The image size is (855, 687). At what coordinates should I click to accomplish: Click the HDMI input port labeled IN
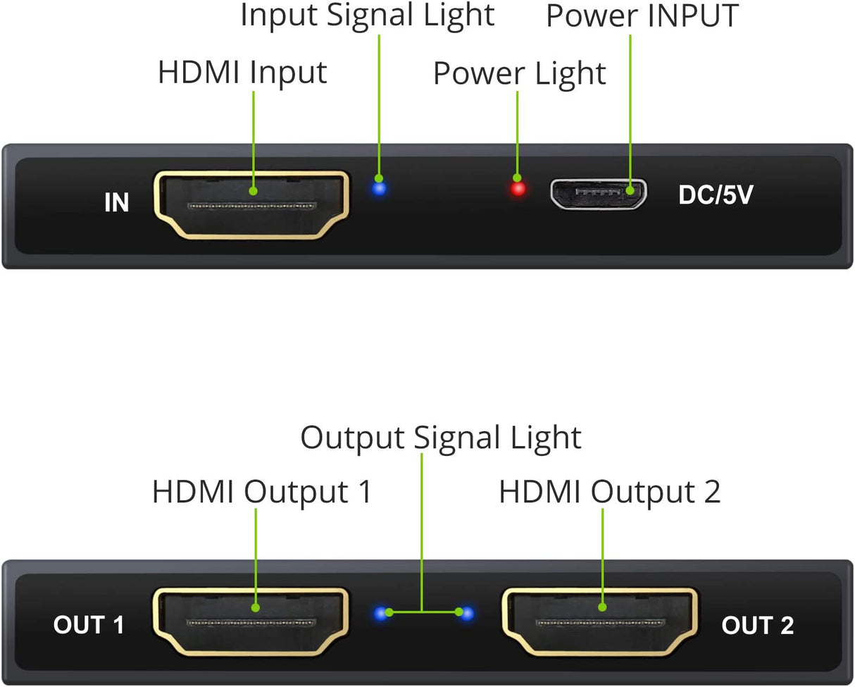[251, 204]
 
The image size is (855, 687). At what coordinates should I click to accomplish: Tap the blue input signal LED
[380, 188]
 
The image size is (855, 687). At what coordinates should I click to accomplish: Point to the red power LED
[518, 189]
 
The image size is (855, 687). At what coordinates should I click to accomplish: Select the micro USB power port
[599, 194]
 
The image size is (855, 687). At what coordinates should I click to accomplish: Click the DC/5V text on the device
[716, 196]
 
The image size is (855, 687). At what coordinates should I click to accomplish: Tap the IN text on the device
[117, 203]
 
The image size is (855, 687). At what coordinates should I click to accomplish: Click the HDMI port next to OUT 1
[251, 621]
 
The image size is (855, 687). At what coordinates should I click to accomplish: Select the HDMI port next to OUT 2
[599, 621]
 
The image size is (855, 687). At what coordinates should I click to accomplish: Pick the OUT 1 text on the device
[89, 624]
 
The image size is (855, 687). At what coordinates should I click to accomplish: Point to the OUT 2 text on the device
[758, 625]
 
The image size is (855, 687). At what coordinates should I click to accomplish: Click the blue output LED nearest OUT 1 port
[381, 614]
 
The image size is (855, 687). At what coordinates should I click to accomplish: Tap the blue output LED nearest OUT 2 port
[465, 614]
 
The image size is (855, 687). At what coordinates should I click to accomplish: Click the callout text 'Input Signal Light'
[368, 16]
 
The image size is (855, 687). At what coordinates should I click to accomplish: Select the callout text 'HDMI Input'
[242, 73]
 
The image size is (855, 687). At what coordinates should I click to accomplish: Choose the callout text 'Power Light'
[519, 73]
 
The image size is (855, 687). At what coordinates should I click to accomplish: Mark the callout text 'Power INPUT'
[642, 16]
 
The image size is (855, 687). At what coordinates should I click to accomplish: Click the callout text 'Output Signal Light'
[441, 437]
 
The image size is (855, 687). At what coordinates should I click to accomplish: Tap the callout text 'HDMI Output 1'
[262, 492]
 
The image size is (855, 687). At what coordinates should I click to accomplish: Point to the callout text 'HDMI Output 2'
[610, 492]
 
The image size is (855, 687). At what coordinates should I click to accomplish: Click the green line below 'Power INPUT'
[630, 106]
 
